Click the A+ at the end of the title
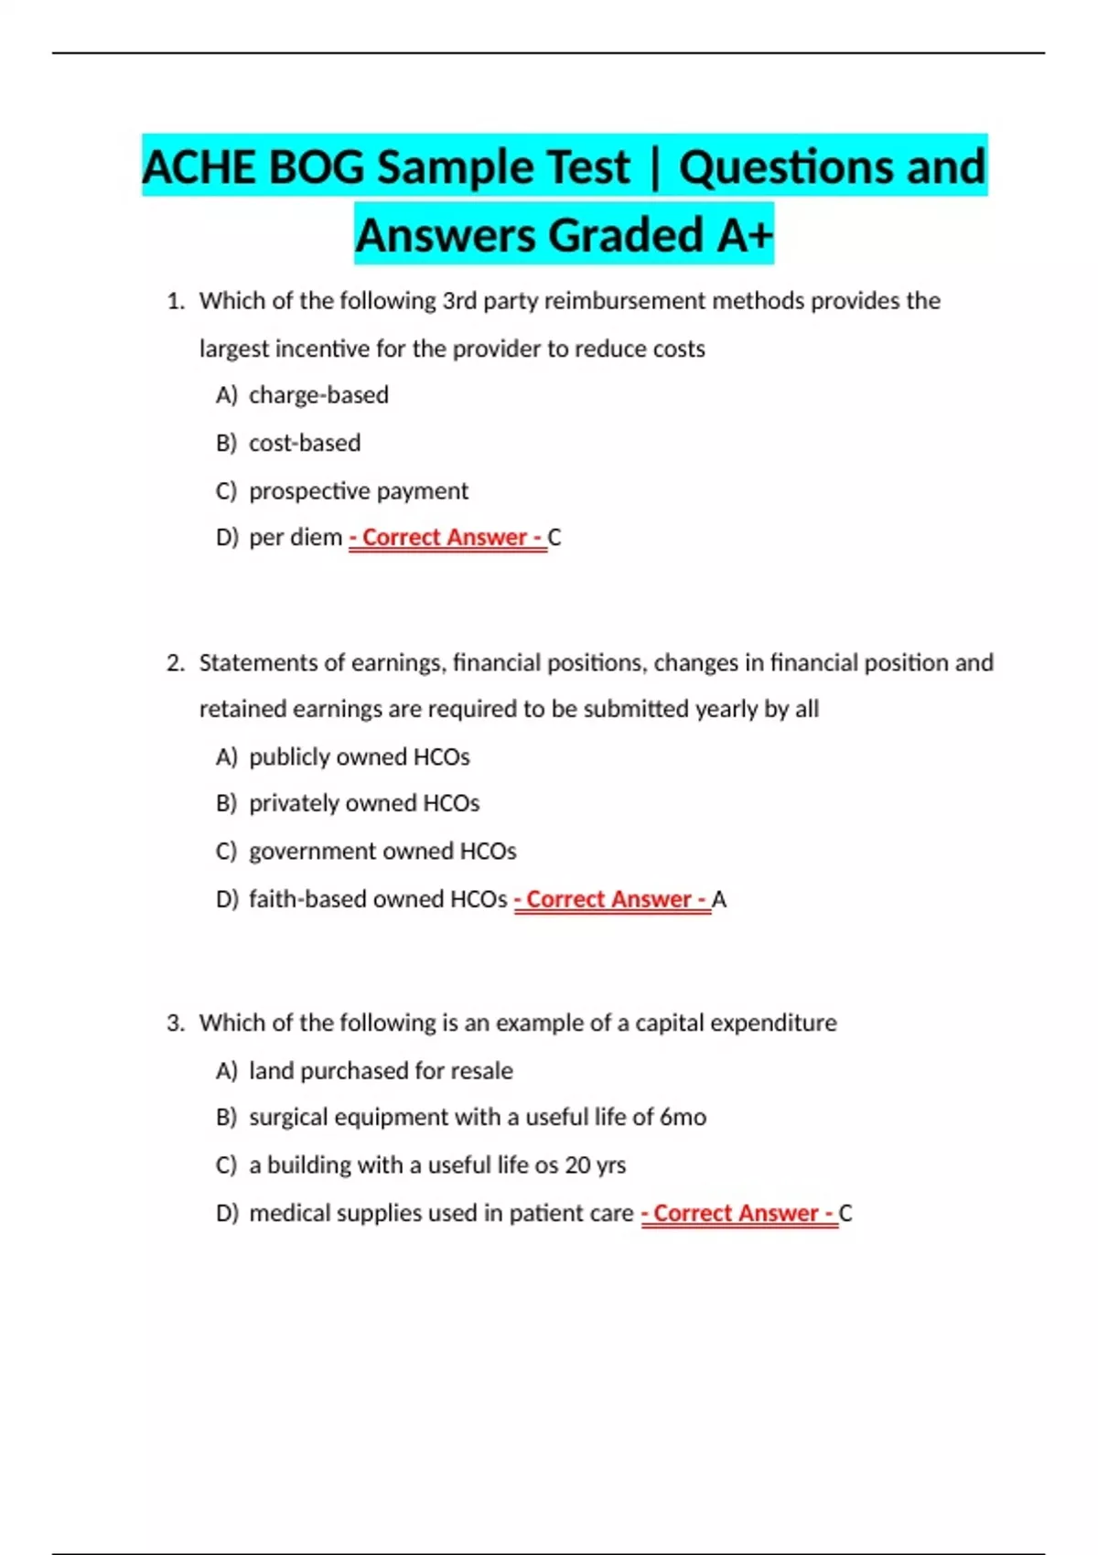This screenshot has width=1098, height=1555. [x=745, y=235]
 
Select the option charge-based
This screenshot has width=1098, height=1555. [x=318, y=395]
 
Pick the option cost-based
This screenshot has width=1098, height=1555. [x=305, y=443]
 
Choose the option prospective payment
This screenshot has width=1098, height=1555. [x=358, y=491]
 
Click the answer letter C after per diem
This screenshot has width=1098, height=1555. [x=554, y=538]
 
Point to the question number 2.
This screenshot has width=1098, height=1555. [x=175, y=663]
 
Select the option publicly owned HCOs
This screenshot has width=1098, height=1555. [x=359, y=757]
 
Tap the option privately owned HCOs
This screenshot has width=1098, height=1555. [x=364, y=803]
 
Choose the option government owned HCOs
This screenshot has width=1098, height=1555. [x=382, y=852]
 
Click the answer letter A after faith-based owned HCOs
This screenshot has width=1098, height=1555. [x=719, y=900]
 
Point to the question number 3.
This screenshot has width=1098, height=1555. [x=175, y=1023]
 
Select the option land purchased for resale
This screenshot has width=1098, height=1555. [x=381, y=1071]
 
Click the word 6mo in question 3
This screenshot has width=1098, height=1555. [x=683, y=1117]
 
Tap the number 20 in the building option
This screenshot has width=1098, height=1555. [x=577, y=1165]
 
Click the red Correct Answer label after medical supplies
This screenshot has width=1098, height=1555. [x=738, y=1214]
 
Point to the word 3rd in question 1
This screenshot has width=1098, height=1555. [x=459, y=301]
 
